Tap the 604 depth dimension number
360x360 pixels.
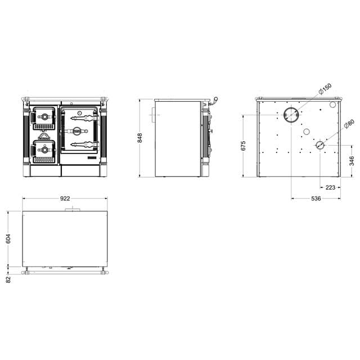(8, 239)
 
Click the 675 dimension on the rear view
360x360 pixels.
(243, 145)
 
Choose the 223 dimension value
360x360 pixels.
(330, 187)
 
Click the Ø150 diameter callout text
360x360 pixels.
(325, 89)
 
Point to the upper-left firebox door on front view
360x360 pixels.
(44, 118)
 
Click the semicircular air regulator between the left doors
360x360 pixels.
(44, 136)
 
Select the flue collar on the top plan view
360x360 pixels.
(71, 209)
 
